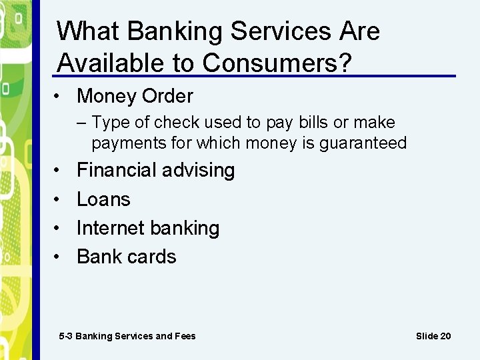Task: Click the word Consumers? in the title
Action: point(277,63)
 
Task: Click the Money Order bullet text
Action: point(135,96)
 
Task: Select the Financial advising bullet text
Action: point(155,170)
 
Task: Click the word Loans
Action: point(103,199)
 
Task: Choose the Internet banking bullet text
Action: point(147,228)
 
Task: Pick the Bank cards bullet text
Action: point(126,257)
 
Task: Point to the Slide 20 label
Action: point(433,336)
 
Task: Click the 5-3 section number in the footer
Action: point(65,336)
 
